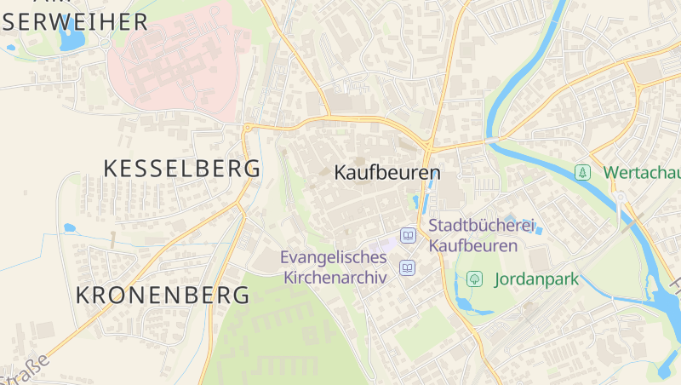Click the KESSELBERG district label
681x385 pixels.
tap(181, 169)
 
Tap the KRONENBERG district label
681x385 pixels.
tap(163, 296)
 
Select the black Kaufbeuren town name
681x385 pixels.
tap(387, 173)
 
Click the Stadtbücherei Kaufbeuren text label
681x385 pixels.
tap(482, 236)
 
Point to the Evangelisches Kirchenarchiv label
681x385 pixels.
tap(335, 267)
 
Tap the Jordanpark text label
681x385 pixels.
tap(535, 279)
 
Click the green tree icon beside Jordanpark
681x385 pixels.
tap(475, 279)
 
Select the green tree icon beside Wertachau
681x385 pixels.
tap(582, 172)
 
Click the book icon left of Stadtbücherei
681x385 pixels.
tap(409, 235)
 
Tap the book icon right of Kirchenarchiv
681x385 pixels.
tap(408, 268)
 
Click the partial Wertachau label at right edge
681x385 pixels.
tap(641, 172)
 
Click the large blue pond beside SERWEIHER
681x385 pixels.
tap(72, 39)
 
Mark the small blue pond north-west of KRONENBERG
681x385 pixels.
tap(69, 228)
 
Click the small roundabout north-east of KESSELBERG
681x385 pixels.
tap(248, 129)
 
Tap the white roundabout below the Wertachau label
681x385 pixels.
tap(620, 198)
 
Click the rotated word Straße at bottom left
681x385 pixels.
tap(26, 368)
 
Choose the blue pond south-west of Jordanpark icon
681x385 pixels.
tap(463, 303)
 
